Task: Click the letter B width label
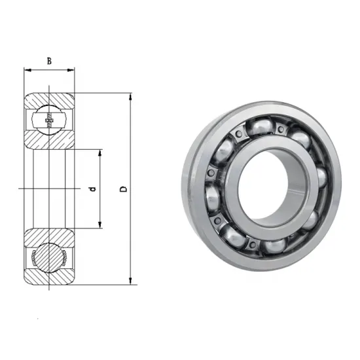pos(49,62)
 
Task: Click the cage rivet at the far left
pos(211,172)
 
